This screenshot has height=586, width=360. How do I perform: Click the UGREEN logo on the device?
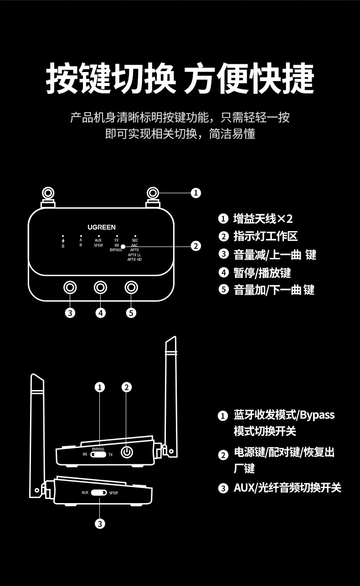(x=102, y=227)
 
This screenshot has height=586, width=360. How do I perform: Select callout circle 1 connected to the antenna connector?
(x=195, y=193)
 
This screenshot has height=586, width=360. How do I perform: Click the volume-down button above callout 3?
(x=70, y=288)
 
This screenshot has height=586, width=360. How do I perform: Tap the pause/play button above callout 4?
(x=101, y=288)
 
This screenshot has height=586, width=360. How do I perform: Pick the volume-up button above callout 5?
(x=132, y=288)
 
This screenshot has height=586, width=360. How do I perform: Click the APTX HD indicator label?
(x=134, y=259)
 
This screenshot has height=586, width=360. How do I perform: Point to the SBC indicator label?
(x=135, y=240)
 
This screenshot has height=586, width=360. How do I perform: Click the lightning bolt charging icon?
(x=63, y=240)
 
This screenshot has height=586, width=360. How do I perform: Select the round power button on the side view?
(x=127, y=452)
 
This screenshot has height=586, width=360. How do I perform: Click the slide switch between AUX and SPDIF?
(x=98, y=493)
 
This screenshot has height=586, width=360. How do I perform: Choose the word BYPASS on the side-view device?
(x=98, y=449)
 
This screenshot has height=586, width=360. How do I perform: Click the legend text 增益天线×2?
(x=263, y=219)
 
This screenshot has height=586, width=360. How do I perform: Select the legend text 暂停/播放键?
(x=262, y=272)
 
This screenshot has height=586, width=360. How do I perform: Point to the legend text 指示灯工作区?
(x=265, y=236)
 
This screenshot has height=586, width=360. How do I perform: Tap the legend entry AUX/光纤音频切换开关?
(x=287, y=488)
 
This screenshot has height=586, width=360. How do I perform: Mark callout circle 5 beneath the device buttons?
(x=131, y=313)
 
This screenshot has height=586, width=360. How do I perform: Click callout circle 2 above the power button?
(x=127, y=387)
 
